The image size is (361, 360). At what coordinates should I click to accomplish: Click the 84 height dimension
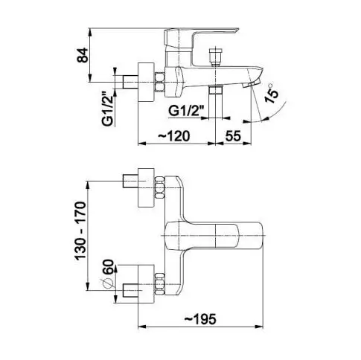click(x=83, y=55)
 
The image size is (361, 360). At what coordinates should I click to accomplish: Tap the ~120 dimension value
click(x=174, y=136)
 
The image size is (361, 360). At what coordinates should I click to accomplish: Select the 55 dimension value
click(x=233, y=136)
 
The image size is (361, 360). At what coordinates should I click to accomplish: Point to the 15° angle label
click(x=272, y=93)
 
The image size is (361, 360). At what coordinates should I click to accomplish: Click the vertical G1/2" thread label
click(x=108, y=109)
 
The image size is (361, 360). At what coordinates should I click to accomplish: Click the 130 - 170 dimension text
click(x=80, y=231)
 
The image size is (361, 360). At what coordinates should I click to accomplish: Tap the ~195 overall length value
click(x=200, y=319)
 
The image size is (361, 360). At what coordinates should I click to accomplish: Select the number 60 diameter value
click(x=109, y=266)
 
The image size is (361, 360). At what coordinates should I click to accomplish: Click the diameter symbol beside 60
click(x=108, y=283)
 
